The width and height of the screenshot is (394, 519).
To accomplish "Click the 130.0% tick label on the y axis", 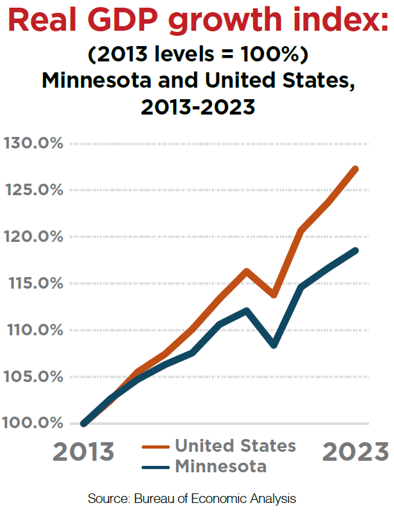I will point(33,143).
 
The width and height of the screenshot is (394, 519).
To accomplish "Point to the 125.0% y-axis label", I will point(33,189).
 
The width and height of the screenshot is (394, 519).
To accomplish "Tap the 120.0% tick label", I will point(33,236).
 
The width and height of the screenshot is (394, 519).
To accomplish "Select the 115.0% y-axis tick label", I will point(33,283).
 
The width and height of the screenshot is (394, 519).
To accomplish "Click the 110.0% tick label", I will point(33,330).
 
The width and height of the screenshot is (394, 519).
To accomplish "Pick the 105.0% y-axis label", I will point(33,376).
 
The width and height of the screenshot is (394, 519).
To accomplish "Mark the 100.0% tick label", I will point(33,423).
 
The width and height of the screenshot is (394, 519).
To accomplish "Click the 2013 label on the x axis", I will point(83,451).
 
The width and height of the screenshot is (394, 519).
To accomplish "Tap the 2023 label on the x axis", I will point(355,451).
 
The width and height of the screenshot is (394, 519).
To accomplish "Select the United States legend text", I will point(235,445).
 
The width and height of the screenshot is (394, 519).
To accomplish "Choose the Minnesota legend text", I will point(220,466).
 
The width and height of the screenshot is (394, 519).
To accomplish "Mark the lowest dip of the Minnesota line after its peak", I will point(274,345).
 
